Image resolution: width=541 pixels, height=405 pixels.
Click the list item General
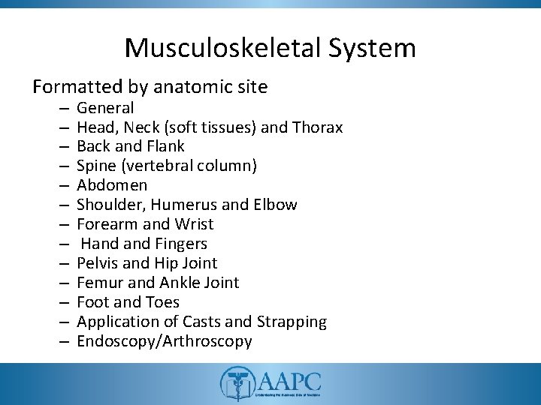pyautogui.click(x=105, y=108)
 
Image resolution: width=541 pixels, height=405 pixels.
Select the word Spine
pyautogui.click(x=95, y=166)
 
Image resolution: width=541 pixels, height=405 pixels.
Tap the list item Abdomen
pyautogui.click(x=112, y=185)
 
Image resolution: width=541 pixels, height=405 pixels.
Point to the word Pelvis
pyautogui.click(x=98, y=263)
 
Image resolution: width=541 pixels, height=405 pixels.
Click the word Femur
pyautogui.click(x=98, y=283)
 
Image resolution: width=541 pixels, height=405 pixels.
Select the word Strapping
pyautogui.click(x=292, y=322)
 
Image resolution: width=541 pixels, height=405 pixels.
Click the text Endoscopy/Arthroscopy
pyautogui.click(x=165, y=341)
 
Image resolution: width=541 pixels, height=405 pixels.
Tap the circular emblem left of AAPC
pyautogui.click(x=234, y=385)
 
